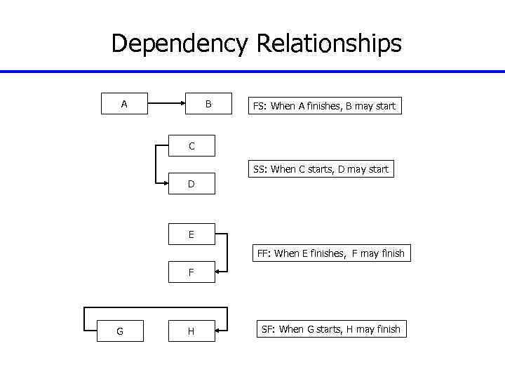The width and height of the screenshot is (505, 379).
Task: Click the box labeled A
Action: [124, 105]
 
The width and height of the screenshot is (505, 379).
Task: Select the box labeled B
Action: [208, 105]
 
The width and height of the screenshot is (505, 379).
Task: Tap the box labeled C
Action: [191, 146]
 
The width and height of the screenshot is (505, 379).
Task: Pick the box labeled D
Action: [191, 185]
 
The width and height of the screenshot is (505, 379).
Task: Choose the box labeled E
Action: [191, 234]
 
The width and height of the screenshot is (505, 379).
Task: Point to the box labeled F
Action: [191, 272]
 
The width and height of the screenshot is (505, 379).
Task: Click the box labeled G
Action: [120, 331]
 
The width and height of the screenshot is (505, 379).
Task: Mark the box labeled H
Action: [191, 331]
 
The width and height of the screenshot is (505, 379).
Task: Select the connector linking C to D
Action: [155, 166]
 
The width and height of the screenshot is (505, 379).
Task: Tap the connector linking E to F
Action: [228, 253]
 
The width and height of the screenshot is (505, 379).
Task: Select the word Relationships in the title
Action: [329, 44]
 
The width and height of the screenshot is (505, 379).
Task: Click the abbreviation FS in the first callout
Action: [259, 107]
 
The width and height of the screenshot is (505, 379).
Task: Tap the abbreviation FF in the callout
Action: [264, 253]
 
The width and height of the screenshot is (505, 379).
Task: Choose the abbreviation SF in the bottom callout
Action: [268, 329]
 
